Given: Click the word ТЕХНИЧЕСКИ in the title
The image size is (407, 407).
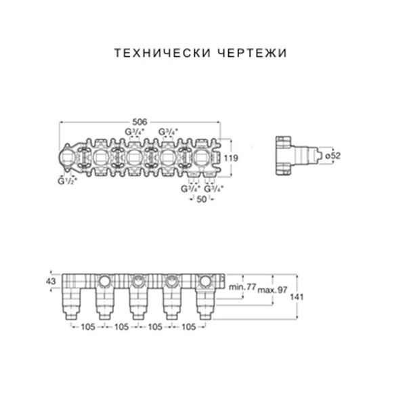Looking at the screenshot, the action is pyautogui.click(x=163, y=53).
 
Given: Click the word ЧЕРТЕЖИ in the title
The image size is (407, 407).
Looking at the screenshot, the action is pyautogui.click(x=251, y=53).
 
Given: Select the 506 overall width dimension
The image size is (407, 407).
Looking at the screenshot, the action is pyautogui.click(x=140, y=121).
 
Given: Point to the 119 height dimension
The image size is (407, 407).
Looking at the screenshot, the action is pyautogui.click(x=231, y=158).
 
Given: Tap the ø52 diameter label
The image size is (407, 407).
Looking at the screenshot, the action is pyautogui.click(x=333, y=156).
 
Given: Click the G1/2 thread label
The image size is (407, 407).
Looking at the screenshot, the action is pyautogui.click(x=67, y=181).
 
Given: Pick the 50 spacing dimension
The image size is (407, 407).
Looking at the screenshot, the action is pyautogui.click(x=202, y=199).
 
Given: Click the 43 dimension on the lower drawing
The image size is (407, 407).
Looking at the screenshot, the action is pyautogui.click(x=51, y=281).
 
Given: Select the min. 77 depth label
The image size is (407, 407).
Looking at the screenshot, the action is pyautogui.click(x=242, y=287).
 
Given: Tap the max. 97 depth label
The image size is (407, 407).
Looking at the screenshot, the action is pyautogui.click(x=272, y=290).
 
